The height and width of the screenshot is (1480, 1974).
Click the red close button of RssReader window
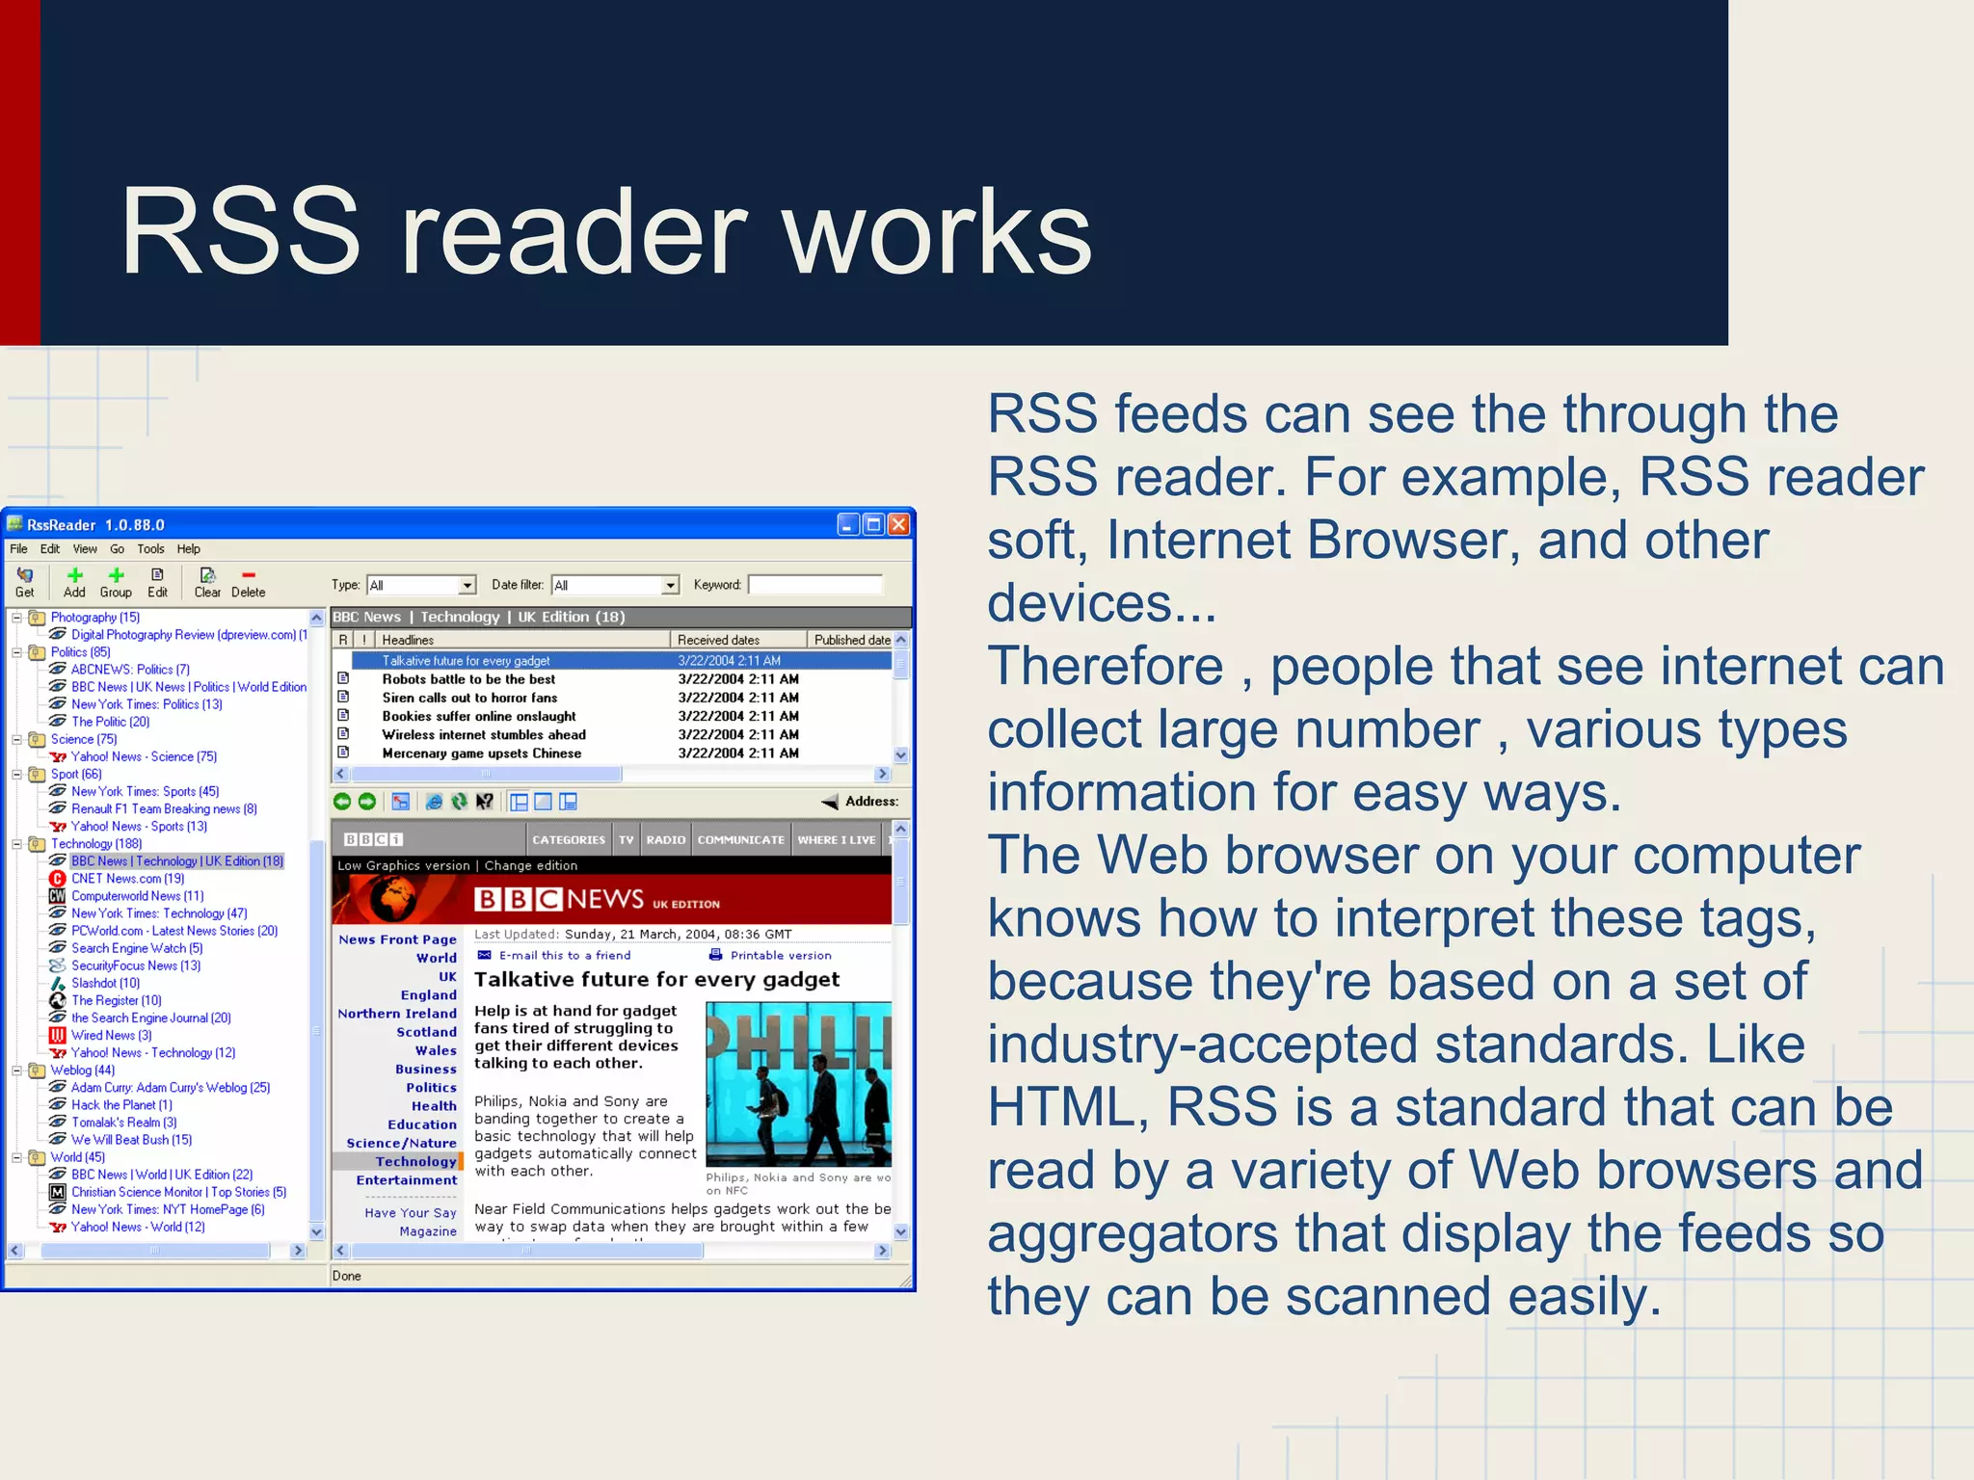click(898, 524)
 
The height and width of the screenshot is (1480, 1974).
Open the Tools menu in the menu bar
click(150, 549)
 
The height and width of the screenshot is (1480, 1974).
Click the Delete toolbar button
click(248, 582)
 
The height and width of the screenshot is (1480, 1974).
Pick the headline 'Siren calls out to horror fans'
click(469, 698)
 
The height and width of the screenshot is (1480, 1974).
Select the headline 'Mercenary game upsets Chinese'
click(481, 753)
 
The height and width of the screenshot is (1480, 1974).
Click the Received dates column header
click(718, 640)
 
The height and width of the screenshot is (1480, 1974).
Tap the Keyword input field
click(814, 585)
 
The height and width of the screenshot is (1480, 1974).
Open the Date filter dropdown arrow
click(670, 585)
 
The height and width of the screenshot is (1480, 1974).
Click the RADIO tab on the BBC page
click(666, 840)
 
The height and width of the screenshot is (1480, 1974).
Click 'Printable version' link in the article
click(780, 956)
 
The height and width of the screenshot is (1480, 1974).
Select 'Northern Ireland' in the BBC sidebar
click(397, 1014)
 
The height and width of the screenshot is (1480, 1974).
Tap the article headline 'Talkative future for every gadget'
click(656, 980)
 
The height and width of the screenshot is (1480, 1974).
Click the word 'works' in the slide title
click(937, 233)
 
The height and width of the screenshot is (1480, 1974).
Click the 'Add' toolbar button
click(74, 582)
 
